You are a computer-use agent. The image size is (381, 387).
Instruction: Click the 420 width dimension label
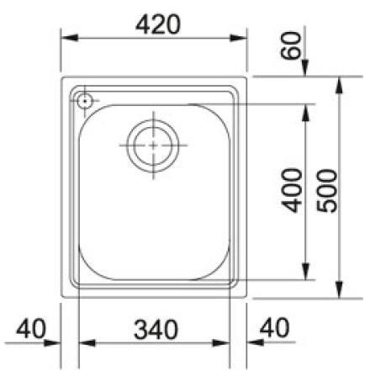158,24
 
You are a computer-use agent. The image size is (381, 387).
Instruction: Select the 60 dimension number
291,45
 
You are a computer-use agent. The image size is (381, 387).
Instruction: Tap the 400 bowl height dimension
292,190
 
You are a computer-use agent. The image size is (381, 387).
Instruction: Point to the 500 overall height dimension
326,191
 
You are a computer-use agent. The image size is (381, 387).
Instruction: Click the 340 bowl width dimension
156,330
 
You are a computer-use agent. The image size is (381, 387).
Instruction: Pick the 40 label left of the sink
30,328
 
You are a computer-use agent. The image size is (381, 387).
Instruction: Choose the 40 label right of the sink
274,327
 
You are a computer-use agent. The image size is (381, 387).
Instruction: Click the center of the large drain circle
153,146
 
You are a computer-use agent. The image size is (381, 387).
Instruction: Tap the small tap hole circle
85,101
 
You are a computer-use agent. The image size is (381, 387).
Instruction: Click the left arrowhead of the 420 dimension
70,38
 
